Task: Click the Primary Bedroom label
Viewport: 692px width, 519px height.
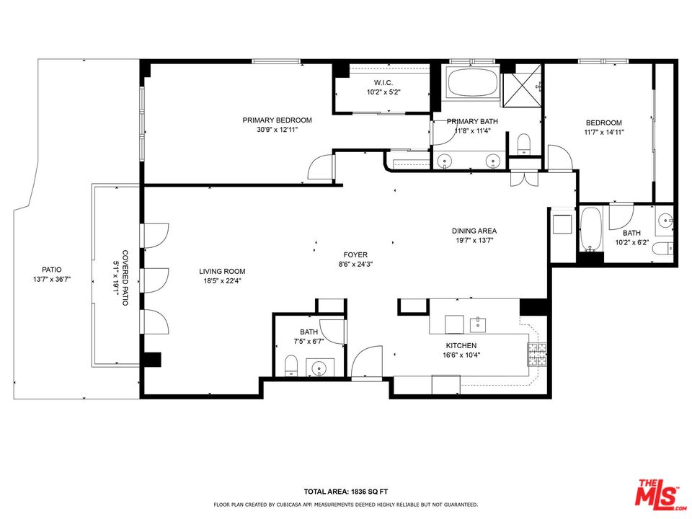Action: [277, 120]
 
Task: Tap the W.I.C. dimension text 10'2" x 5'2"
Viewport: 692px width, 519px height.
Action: [383, 92]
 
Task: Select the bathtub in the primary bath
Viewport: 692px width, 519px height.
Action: [473, 82]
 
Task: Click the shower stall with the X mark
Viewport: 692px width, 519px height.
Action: [521, 86]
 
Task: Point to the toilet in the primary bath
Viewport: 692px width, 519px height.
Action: [524, 144]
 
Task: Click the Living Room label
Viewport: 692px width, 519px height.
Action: [222, 272]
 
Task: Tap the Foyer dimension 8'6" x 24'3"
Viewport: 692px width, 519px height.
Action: [355, 265]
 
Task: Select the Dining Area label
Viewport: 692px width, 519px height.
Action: [474, 231]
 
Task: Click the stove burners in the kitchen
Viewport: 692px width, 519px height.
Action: [536, 355]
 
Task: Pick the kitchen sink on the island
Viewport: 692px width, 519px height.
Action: [478, 325]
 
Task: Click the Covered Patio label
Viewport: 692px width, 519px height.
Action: [125, 278]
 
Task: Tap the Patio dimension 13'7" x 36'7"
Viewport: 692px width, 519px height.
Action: [52, 280]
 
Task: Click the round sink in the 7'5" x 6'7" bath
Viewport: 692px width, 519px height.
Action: [319, 367]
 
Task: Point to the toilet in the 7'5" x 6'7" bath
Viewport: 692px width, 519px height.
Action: [291, 365]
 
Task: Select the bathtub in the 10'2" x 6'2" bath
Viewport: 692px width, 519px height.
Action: [590, 229]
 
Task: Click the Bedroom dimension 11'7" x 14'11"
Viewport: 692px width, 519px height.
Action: [604, 132]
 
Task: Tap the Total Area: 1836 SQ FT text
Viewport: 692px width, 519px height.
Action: [346, 491]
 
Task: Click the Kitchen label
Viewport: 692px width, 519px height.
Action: [461, 345]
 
